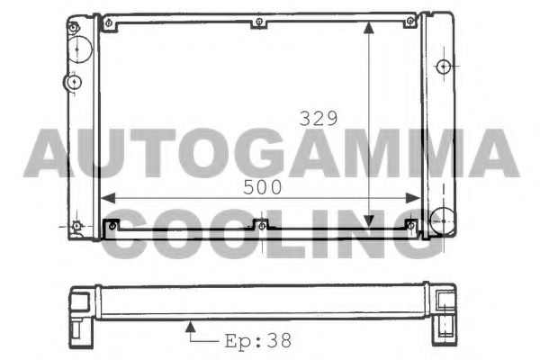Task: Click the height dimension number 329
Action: (319, 118)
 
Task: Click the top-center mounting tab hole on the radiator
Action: (258, 22)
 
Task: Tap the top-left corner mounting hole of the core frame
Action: (108, 21)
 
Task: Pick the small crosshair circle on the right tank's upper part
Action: (442, 67)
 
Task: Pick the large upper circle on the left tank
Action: (80, 46)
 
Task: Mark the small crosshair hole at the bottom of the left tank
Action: (76, 225)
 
